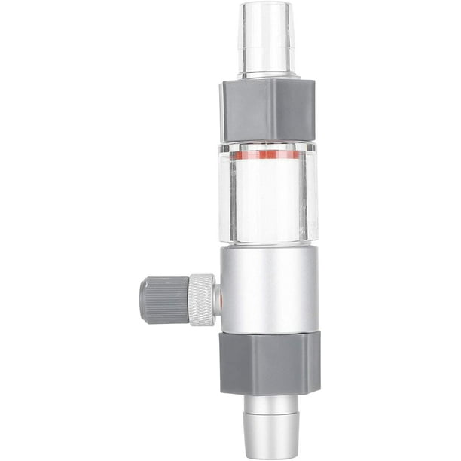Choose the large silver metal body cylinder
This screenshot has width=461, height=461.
(x=268, y=286)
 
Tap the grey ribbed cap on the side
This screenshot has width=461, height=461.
(x=163, y=301)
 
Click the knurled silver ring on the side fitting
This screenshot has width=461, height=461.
(x=200, y=300)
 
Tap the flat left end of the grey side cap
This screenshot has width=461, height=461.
(x=142, y=301)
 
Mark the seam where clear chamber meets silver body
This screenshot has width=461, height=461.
(x=268, y=246)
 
